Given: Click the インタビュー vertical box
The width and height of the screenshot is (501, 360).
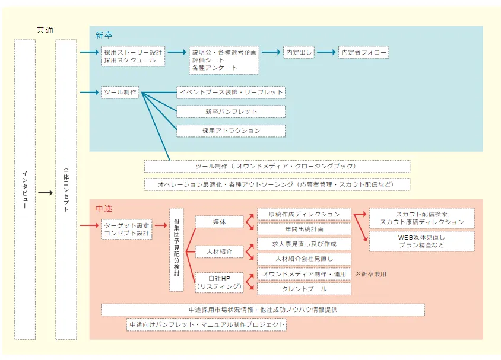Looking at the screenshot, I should point(24,189).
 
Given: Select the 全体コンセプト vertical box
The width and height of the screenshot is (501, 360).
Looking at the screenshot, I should point(66,189).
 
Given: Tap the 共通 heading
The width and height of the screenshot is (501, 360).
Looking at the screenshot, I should point(45,30).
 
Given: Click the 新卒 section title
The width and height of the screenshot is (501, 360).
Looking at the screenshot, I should point(103,36).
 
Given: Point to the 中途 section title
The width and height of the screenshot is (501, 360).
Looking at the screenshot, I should point(104,209).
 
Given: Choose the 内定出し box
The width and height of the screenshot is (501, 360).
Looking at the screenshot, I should point(298,52).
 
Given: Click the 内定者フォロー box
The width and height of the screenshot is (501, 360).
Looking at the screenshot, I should point(363,52).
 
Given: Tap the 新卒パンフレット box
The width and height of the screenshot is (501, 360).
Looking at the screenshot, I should point(231,111).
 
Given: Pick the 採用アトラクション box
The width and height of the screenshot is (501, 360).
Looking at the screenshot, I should point(231,130).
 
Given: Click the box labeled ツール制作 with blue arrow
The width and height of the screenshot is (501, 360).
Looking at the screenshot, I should point(120,93).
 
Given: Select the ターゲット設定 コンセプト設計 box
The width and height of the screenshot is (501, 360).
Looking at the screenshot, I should point(126,230).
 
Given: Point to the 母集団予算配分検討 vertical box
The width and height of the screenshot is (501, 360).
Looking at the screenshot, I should point(176,249).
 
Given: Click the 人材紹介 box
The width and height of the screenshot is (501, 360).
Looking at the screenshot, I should point(219,251).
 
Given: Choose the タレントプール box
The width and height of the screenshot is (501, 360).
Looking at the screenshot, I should point(303,289).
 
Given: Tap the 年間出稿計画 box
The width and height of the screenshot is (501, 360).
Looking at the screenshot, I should point(303,228).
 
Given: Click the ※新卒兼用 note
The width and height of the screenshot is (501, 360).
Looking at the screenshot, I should point(370,275).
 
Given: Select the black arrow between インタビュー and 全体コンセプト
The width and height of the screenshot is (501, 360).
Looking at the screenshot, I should point(45,193).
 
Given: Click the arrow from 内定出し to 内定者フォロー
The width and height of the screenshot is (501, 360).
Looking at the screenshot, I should point(326,52).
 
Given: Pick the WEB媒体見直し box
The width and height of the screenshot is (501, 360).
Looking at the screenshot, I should point(421,241).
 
